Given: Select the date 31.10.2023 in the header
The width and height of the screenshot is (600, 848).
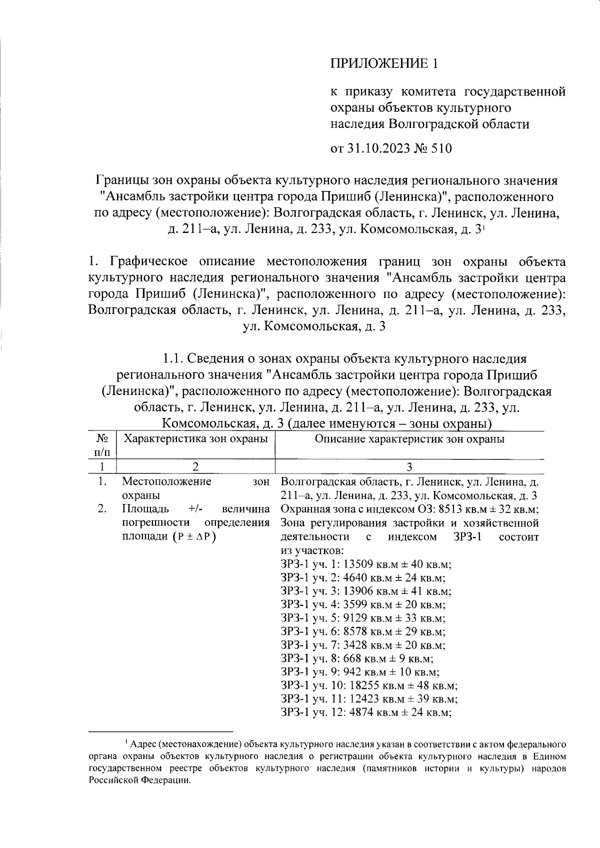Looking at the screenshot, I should point(376,148).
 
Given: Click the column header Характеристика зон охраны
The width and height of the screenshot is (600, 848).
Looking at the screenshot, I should point(195,439).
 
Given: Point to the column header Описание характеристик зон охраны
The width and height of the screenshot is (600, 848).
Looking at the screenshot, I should point(409,439).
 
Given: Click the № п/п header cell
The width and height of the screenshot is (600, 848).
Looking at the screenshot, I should point(102,445).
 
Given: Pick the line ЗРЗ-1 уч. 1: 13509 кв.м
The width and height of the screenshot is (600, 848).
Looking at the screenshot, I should point(366,564).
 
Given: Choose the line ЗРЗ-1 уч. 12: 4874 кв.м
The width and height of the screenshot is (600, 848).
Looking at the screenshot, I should point(366,712).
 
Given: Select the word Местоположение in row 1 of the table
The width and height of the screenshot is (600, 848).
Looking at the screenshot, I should point(166,482).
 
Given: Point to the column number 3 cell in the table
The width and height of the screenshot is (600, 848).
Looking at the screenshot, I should point(409,466).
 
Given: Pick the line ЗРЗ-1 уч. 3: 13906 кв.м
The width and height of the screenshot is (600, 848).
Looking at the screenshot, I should point(366,591).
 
